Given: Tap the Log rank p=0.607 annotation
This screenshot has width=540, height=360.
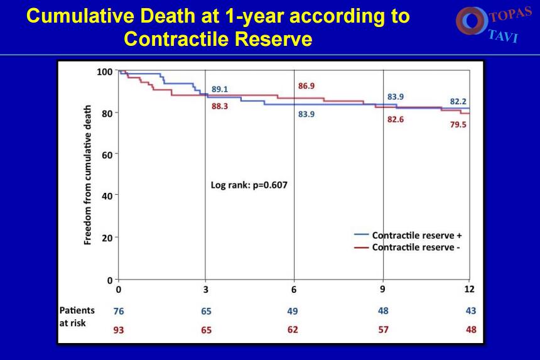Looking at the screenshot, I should (248, 185).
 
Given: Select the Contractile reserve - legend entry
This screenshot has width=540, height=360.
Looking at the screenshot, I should (415, 247).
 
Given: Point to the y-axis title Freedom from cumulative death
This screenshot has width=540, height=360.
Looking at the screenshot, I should (89, 175).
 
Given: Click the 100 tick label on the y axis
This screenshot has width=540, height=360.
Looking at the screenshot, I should (104, 72).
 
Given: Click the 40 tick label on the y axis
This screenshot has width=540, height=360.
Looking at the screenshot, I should (107, 196).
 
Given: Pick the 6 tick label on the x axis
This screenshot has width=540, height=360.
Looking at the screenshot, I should (294, 290).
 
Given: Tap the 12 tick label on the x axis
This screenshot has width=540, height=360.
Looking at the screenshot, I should (469, 289).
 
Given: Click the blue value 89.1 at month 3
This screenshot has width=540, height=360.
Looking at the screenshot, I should (220, 89).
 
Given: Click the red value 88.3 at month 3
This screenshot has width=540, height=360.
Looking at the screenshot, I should (220, 107).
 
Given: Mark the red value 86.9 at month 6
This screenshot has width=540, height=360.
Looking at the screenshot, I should (306, 86).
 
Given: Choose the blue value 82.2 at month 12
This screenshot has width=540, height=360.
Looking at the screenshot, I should (458, 101).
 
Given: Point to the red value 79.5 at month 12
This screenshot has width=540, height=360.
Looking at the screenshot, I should (458, 124).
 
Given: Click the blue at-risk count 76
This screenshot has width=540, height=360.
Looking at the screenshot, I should (119, 311).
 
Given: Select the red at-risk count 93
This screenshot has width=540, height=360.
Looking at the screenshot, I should (119, 330).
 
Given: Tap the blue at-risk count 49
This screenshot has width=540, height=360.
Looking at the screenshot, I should (293, 311).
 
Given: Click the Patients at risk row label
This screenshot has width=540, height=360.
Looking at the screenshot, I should (77, 316).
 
